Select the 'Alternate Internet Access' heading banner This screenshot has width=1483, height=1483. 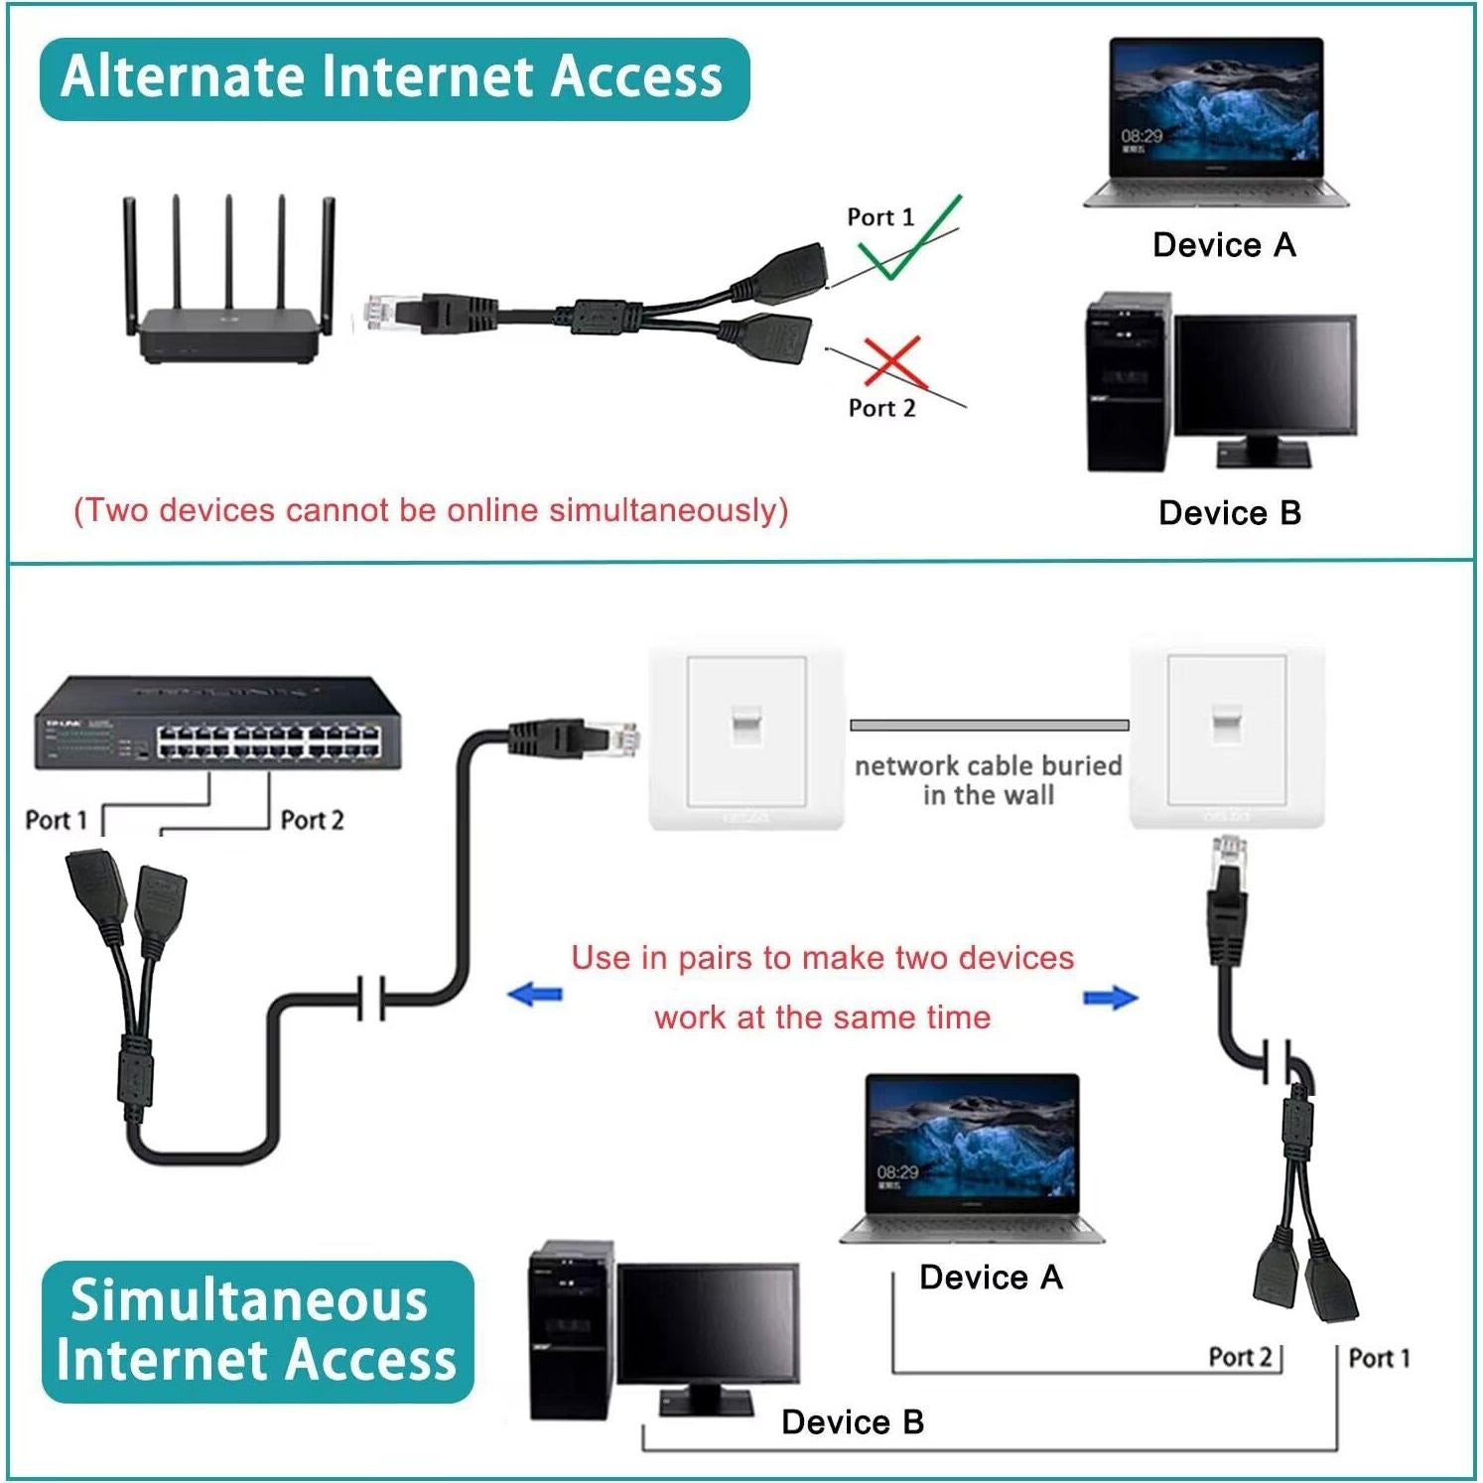click(393, 78)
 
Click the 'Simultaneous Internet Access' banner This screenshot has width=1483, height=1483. click(257, 1330)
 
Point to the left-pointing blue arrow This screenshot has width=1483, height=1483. click(535, 994)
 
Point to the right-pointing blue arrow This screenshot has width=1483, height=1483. click(1110, 998)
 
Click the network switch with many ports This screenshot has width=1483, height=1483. click(217, 724)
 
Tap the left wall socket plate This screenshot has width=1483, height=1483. click(746, 737)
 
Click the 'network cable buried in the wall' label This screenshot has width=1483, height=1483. click(988, 780)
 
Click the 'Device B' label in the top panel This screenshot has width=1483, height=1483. click(1229, 513)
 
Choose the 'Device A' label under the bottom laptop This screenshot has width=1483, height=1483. click(991, 1278)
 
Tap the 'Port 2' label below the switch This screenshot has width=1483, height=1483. click(312, 820)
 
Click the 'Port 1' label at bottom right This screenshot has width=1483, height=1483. click(1379, 1358)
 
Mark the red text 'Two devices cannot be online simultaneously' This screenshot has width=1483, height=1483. click(431, 510)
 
